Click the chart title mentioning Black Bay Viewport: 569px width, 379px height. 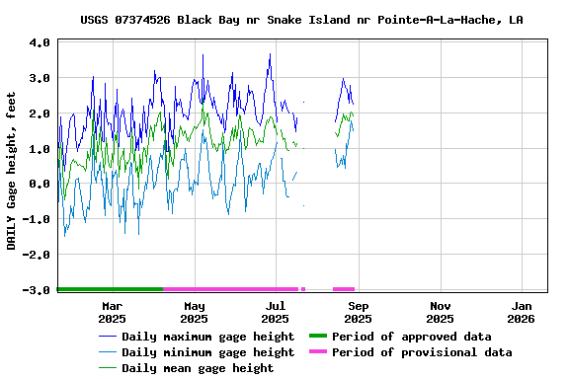(x=301, y=20)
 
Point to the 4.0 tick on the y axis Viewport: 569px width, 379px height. (x=40, y=43)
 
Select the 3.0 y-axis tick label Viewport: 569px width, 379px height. (x=40, y=78)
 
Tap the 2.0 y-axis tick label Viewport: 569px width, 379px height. (x=40, y=114)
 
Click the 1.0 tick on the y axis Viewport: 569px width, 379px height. (x=40, y=149)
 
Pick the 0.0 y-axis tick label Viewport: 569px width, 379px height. (x=40, y=185)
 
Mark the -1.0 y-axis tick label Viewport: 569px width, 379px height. (x=37, y=220)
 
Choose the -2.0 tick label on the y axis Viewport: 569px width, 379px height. (x=37, y=255)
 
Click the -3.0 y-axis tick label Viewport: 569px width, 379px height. (x=37, y=290)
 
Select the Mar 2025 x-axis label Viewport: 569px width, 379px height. (x=112, y=312)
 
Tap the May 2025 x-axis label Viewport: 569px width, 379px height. (x=194, y=312)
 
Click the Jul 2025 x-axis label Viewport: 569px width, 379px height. (x=276, y=312)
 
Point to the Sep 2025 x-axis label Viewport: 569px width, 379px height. (x=358, y=312)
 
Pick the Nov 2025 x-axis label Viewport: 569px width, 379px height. (x=440, y=312)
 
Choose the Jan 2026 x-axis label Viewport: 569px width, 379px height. (x=522, y=312)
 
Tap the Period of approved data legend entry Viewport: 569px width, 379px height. (x=411, y=337)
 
